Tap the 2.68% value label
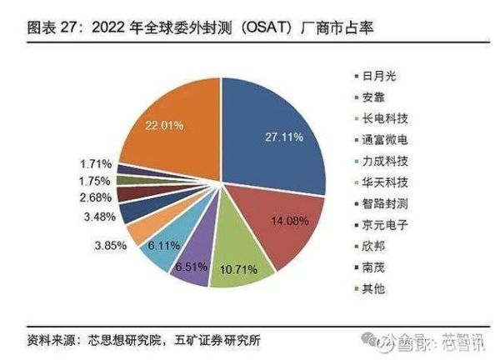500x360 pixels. pyautogui.click(x=97, y=197)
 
